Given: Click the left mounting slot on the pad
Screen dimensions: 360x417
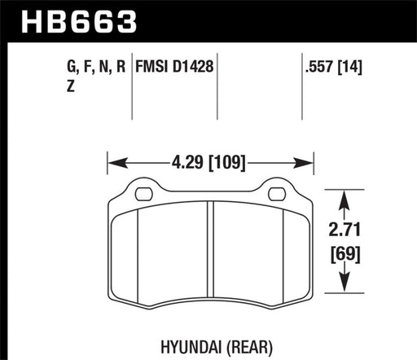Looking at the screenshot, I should pyautogui.click(x=143, y=194).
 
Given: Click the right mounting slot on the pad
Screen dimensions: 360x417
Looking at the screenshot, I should pyautogui.click(x=276, y=194).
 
